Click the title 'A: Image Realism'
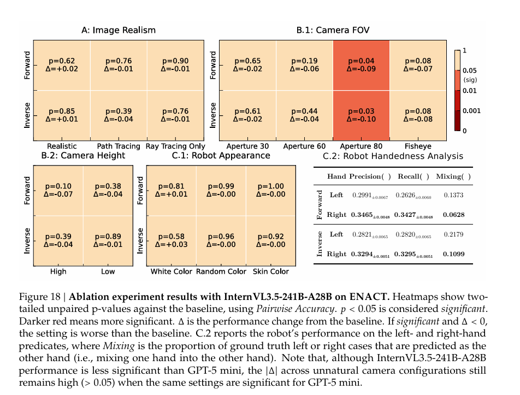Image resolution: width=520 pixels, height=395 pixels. point(118,30)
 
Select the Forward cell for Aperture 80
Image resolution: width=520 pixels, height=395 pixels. point(361,65)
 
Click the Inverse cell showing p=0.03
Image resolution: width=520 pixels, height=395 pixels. point(361,115)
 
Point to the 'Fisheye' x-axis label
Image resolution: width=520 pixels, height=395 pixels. point(417,146)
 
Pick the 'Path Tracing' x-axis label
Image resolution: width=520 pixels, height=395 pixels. point(118,146)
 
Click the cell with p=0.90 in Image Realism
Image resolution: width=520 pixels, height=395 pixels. point(175,65)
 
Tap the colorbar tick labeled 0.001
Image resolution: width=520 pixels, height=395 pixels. point(472,111)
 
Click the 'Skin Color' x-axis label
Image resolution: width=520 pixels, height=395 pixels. point(271,272)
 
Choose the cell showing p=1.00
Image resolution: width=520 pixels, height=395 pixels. point(271,191)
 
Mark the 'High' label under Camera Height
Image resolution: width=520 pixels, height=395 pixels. point(58,272)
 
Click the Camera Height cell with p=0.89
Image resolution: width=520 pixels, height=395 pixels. point(108,241)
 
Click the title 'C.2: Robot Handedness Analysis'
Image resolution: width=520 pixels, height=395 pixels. point(393,156)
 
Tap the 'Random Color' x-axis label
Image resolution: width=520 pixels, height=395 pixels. point(221,272)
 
